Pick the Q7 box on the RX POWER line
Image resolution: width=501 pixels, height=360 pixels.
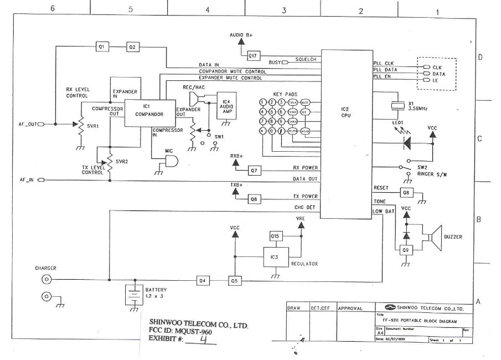tap(255, 170)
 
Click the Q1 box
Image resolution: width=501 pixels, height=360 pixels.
tap(101, 47)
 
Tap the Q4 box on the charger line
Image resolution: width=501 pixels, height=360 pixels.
tap(203, 280)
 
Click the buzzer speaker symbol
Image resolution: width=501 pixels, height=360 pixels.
tap(437, 236)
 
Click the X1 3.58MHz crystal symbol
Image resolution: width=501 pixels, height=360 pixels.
tap(395, 105)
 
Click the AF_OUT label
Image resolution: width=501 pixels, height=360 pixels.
tap(26, 125)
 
